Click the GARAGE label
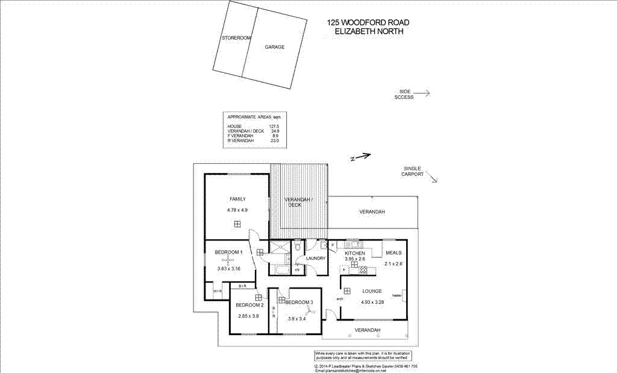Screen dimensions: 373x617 click(x=274, y=47)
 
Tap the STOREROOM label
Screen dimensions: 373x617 click(x=236, y=38)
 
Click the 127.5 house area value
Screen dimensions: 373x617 click(x=274, y=126)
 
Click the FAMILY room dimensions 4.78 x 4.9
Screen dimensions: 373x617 click(x=237, y=210)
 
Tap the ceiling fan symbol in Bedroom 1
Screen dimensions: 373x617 click(x=230, y=259)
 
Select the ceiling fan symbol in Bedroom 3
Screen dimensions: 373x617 click(x=311, y=310)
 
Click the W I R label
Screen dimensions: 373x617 click(x=218, y=292)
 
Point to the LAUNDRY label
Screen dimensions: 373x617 click(x=316, y=259)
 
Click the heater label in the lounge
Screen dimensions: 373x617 click(x=397, y=295)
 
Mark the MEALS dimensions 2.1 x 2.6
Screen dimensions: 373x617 click(x=393, y=263)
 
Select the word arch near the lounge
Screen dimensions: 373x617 click(x=340, y=298)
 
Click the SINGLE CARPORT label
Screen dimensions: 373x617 click(x=413, y=171)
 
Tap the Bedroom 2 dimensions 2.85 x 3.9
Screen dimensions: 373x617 click(x=248, y=316)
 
